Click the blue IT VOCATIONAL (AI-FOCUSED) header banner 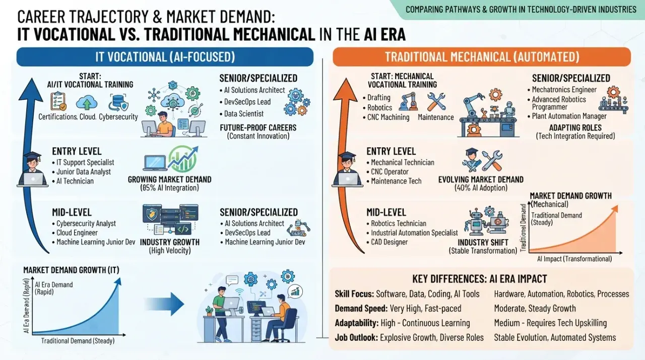[165, 57]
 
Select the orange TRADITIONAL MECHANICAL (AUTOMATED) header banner [482, 57]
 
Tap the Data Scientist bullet [241, 114]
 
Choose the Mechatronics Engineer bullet [562, 90]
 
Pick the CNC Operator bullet [388, 172]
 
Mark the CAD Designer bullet [387, 242]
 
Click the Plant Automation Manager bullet [567, 116]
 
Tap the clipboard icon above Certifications [58, 101]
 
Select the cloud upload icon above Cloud [87, 102]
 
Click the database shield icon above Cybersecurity [118, 102]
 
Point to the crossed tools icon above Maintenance [436, 102]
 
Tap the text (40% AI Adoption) [481, 188]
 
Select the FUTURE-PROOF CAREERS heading [258, 128]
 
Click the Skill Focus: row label [354, 294]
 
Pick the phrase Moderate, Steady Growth [535, 309]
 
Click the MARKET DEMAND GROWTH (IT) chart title [71, 270]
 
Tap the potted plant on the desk [209, 311]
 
